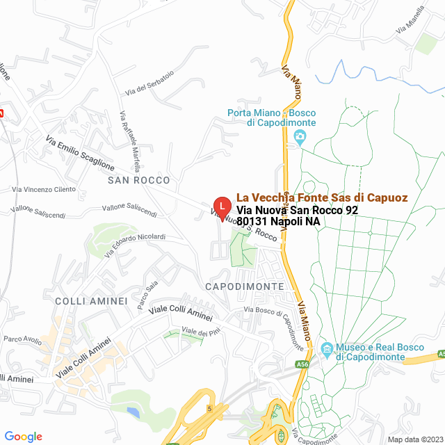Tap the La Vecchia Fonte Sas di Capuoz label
[322, 197]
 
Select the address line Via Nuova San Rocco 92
[297, 210]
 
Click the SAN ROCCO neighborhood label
[134, 180]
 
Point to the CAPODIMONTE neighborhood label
[245, 286]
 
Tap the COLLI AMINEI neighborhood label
[91, 301]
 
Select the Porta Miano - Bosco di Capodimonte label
[272, 118]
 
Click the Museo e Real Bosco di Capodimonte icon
[327, 347]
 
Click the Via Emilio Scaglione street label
[80, 154]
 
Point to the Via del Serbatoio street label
[149, 83]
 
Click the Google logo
[23, 436]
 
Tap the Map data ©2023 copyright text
[414, 439]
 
